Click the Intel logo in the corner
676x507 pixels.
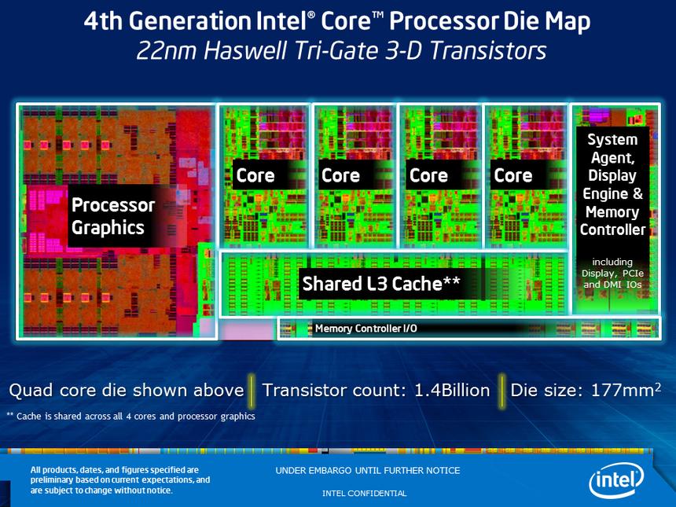point(617,478)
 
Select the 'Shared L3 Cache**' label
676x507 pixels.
point(381,284)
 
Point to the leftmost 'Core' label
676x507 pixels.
point(255,175)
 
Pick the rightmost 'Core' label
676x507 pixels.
point(513,175)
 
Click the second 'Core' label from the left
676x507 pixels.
point(340,175)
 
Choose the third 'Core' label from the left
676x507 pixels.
point(428,175)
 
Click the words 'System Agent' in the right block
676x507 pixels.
point(612,149)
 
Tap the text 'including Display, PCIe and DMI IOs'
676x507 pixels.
point(612,273)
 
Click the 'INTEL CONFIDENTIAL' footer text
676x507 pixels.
point(365,494)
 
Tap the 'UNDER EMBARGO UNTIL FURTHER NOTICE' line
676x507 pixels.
point(368,471)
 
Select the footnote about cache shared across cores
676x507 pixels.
point(130,416)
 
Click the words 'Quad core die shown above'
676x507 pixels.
point(127,390)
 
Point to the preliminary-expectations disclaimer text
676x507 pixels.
point(120,480)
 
